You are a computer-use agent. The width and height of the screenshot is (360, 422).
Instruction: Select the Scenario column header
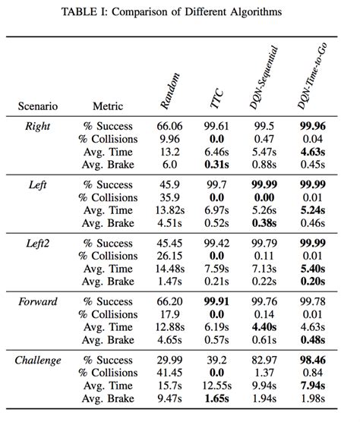(38, 107)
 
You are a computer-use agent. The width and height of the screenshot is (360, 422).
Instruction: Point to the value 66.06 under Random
(171, 126)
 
